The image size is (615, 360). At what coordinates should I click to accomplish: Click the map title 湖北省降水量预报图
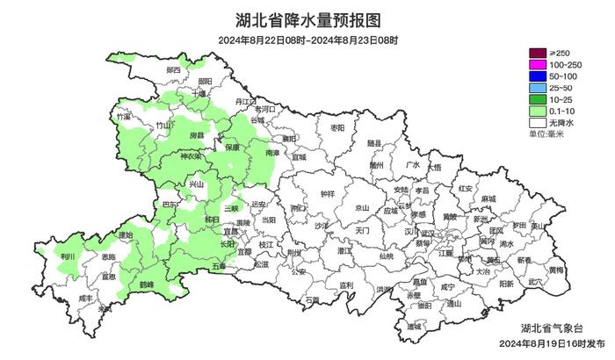[307, 19]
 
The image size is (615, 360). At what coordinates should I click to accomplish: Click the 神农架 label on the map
[191, 156]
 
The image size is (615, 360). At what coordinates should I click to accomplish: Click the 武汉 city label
[428, 233]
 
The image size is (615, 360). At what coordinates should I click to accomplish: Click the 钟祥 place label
[327, 193]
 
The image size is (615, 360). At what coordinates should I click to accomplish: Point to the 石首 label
[313, 299]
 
